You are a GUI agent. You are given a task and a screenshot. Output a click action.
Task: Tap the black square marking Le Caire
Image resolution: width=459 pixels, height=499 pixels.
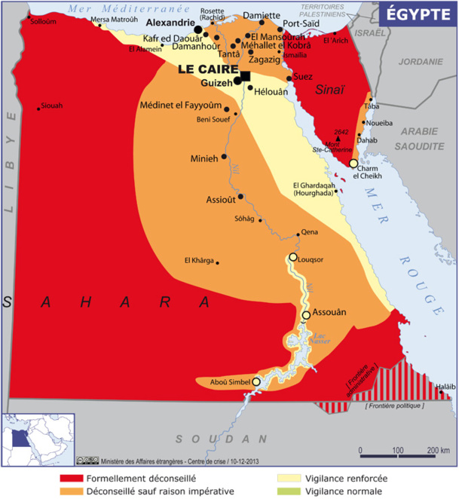point(245,75)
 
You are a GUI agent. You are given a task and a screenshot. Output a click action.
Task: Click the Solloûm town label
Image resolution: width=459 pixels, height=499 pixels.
point(44,22)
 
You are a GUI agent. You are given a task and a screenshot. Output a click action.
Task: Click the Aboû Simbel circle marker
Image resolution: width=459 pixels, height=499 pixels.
point(256,382)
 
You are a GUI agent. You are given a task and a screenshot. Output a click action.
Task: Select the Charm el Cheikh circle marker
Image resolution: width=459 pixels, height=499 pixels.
point(353,163)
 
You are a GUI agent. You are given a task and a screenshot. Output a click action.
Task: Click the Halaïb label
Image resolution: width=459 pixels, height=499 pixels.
point(445,387)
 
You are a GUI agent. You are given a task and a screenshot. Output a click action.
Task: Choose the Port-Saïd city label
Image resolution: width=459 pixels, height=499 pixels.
point(302,23)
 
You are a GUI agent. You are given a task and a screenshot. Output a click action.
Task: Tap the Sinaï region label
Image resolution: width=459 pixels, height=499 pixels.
point(329,89)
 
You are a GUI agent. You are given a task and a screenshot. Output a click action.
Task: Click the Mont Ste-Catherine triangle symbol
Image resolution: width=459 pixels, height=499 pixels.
point(338,139)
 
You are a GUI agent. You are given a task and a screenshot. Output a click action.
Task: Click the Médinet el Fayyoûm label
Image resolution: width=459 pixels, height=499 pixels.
point(182,106)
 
